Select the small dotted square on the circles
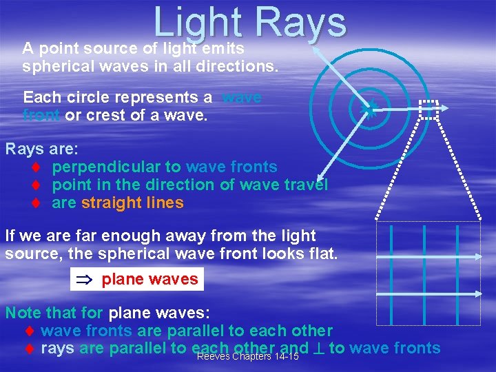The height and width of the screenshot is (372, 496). click(x=428, y=110)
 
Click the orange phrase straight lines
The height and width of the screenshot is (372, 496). click(x=132, y=203)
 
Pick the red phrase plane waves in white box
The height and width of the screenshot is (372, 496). click(x=149, y=279)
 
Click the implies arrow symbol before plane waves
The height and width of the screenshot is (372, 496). click(x=85, y=279)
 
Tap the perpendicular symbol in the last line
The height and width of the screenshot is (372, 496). click(x=319, y=349)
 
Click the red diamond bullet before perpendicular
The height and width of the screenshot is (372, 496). click(x=34, y=167)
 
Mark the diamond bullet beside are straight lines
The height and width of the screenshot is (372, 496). click(x=34, y=203)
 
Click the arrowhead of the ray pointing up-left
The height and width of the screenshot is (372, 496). click(x=315, y=49)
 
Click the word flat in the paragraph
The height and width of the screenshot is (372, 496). click(x=323, y=253)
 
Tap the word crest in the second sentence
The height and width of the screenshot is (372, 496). click(x=101, y=115)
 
